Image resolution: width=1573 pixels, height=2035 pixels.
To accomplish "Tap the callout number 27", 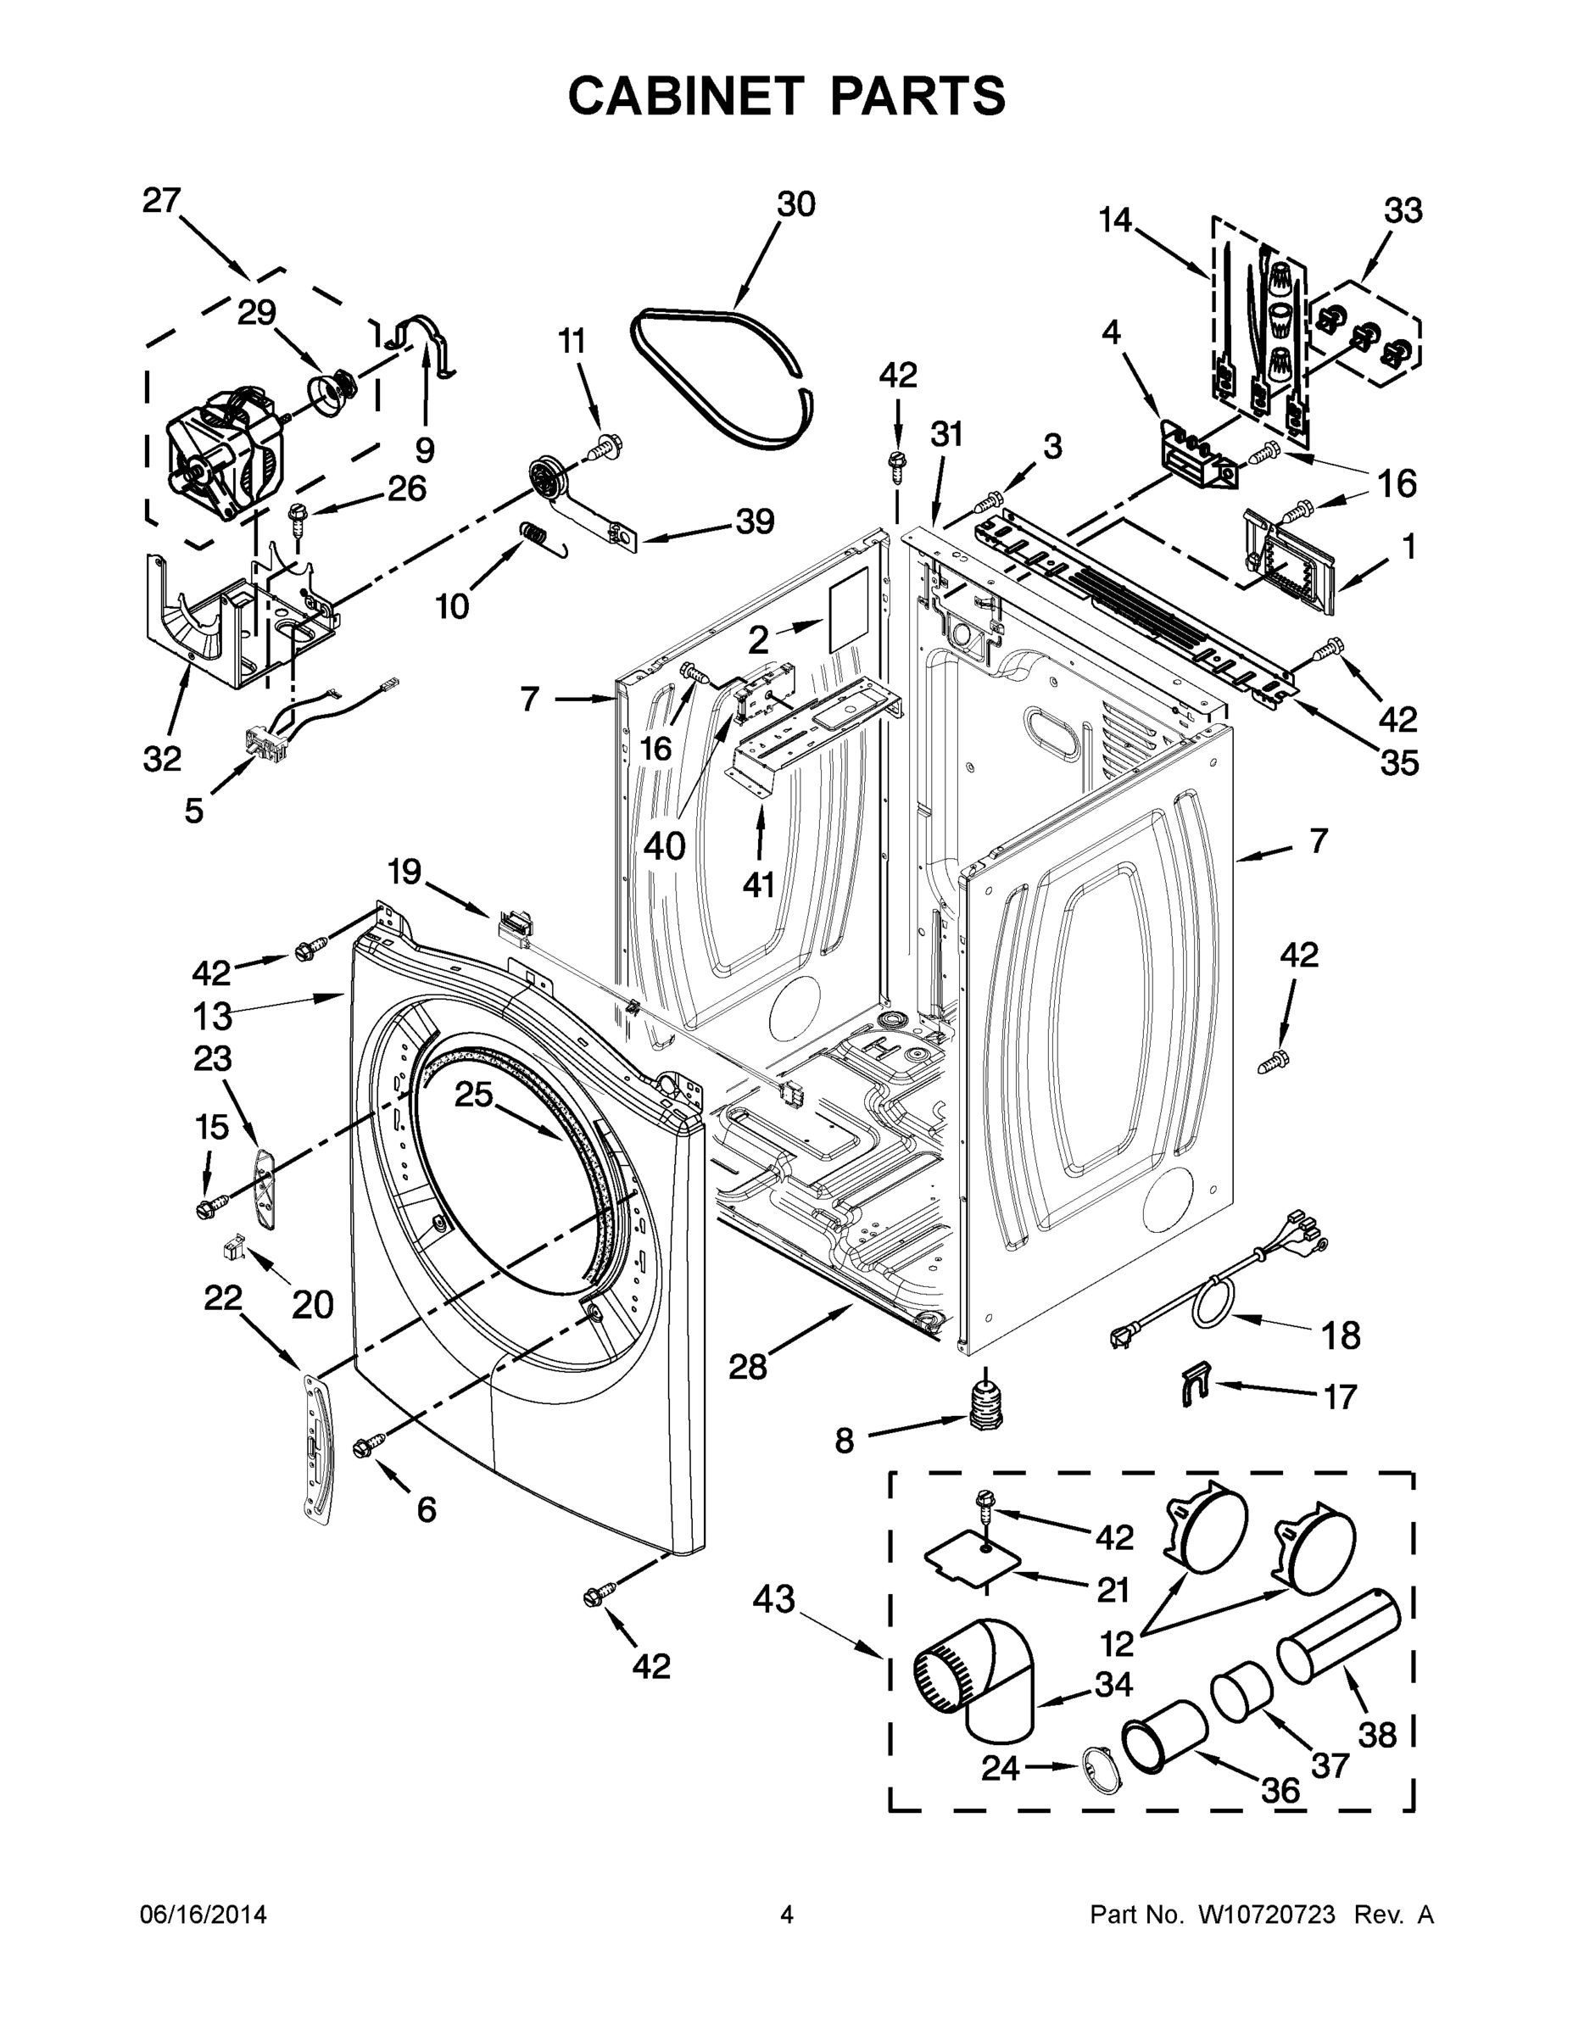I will coord(161,199).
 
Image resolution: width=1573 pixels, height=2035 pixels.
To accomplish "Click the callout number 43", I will coord(773,1599).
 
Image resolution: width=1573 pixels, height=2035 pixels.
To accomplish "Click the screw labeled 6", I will coord(365,1445).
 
